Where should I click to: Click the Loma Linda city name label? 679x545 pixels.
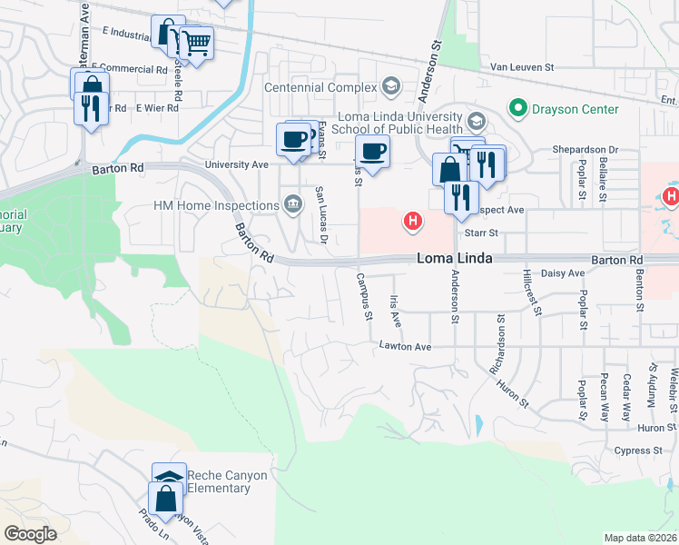(454, 259)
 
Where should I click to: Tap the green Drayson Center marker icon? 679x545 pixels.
(518, 109)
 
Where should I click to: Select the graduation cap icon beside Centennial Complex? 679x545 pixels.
(391, 87)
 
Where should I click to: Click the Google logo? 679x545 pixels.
(30, 534)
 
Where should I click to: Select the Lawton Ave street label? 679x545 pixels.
(404, 347)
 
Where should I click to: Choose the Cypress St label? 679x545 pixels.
(637, 451)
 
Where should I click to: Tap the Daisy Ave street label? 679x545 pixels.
(563, 273)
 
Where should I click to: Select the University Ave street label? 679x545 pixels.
(237, 164)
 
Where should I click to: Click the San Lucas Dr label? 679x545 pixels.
(320, 214)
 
